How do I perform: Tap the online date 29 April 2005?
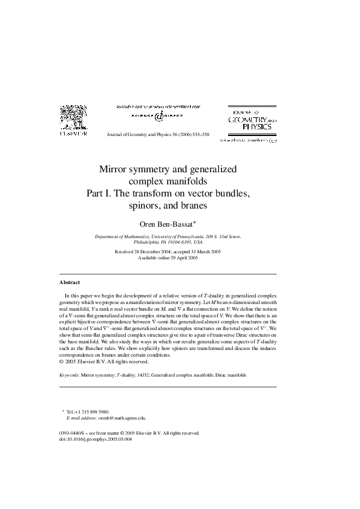pyautogui.click(x=180, y=258)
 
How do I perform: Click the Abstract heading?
pyautogui.click(x=70, y=282)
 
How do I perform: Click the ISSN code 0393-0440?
pyautogui.click(x=73, y=433)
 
